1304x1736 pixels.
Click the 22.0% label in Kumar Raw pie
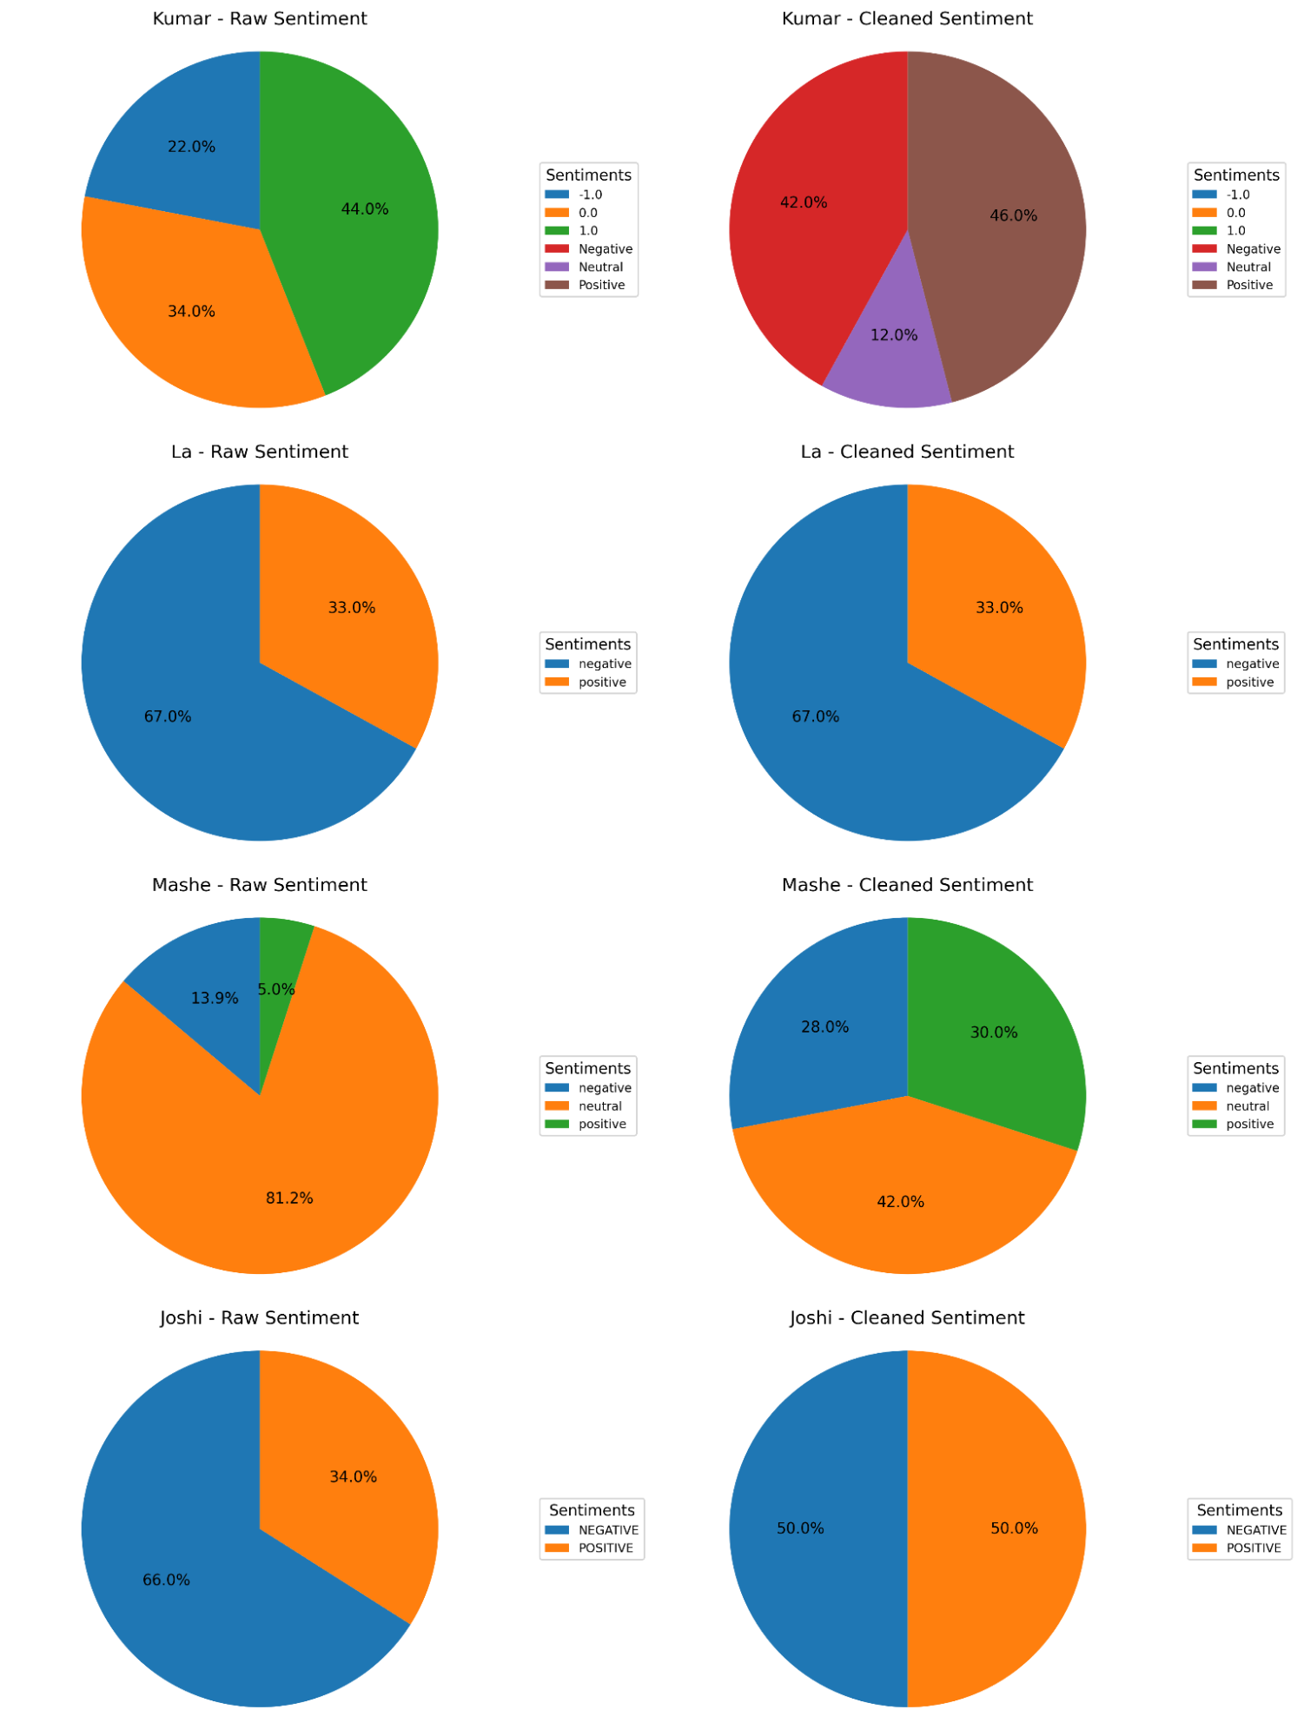(x=191, y=147)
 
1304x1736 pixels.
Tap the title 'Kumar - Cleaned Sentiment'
(x=907, y=18)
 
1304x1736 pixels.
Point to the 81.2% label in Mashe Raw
(x=289, y=1198)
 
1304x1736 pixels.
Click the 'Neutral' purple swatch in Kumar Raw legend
(x=557, y=267)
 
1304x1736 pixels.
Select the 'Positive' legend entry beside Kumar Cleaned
(x=1249, y=285)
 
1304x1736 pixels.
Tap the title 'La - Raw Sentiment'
(x=259, y=452)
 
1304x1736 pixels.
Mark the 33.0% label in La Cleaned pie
(x=999, y=608)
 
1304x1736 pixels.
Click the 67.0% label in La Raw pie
(x=168, y=716)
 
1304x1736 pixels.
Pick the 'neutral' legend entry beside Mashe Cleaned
(x=1247, y=1106)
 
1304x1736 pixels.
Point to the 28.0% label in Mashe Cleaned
(x=824, y=1027)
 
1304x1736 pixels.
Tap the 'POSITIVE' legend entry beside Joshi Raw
(x=606, y=1548)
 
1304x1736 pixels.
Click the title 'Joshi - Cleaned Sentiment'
(x=907, y=1317)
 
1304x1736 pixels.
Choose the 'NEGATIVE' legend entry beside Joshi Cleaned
(x=1255, y=1530)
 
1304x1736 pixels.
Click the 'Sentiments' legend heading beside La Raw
(x=588, y=644)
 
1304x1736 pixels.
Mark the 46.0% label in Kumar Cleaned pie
(x=1013, y=215)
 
